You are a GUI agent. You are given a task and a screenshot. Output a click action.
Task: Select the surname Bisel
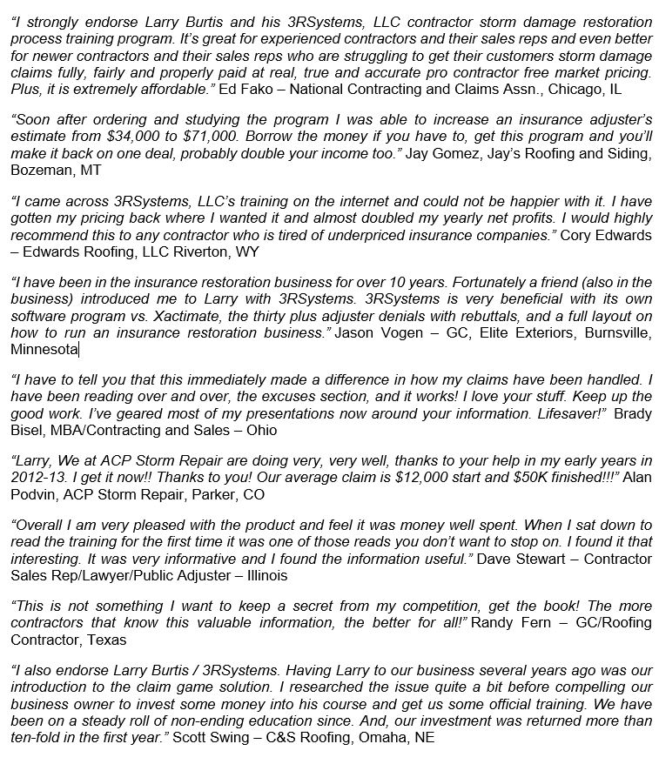point(26,431)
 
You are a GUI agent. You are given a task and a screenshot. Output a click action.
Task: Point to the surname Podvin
point(35,494)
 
